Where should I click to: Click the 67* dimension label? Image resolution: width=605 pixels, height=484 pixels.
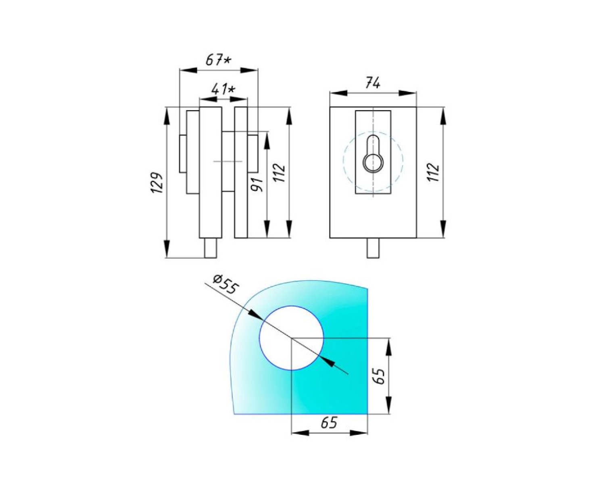[x=218, y=60]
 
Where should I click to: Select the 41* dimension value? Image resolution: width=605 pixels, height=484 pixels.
[x=223, y=89]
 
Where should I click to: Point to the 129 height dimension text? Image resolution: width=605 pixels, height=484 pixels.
[x=157, y=182]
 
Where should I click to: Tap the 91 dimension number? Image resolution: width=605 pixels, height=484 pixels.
[x=257, y=184]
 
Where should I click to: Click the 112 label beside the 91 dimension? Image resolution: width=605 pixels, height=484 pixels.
[x=279, y=173]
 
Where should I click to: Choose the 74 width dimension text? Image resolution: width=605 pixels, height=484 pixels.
[x=373, y=83]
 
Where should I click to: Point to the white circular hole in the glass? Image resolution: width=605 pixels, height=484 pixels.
[x=291, y=338]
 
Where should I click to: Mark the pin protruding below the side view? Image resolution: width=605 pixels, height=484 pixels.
[x=211, y=248]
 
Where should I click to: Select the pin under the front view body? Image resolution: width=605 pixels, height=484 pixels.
[x=373, y=248]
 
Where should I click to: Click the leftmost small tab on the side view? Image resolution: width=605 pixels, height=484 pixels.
[x=183, y=154]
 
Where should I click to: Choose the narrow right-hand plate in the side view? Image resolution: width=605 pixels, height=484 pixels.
[x=241, y=172]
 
